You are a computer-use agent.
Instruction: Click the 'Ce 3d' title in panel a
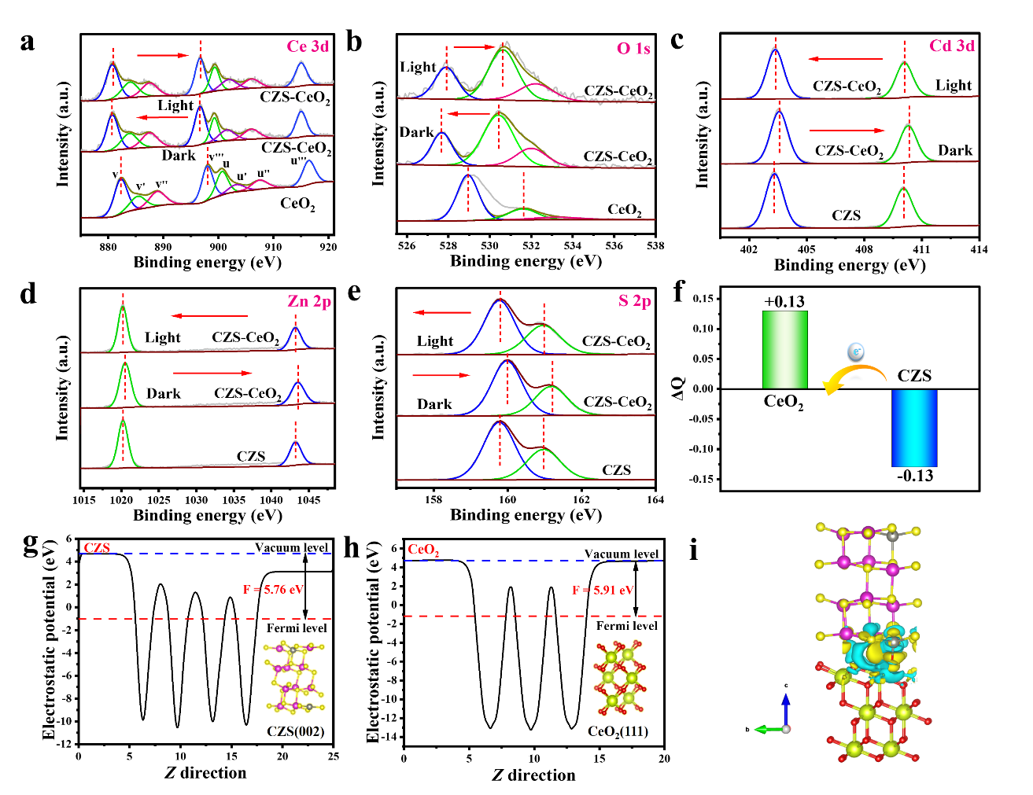tap(308, 46)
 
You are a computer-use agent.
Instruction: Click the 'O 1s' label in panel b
tap(633, 49)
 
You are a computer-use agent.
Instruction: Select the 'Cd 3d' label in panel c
tap(952, 46)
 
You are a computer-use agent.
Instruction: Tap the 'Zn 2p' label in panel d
tap(309, 301)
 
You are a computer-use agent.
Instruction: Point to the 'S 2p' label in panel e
tap(634, 300)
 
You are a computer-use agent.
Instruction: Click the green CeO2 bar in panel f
tap(784, 350)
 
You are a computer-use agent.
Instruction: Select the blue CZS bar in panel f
tap(914, 428)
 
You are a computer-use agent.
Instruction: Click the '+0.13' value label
tap(784, 302)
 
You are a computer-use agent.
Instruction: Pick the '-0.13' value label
tap(915, 476)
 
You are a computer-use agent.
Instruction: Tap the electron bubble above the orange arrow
tap(856, 352)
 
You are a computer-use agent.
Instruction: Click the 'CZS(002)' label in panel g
tap(295, 731)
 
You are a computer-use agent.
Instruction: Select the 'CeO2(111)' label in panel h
tap(618, 732)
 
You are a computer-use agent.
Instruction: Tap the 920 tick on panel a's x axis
tap(328, 247)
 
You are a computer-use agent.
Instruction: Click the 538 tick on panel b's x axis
tap(655, 245)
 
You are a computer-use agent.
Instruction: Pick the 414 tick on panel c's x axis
tap(979, 249)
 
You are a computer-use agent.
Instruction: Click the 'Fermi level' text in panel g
tap(297, 628)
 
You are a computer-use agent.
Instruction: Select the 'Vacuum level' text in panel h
tap(622, 554)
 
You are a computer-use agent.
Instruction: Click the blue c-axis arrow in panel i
tap(785, 708)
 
